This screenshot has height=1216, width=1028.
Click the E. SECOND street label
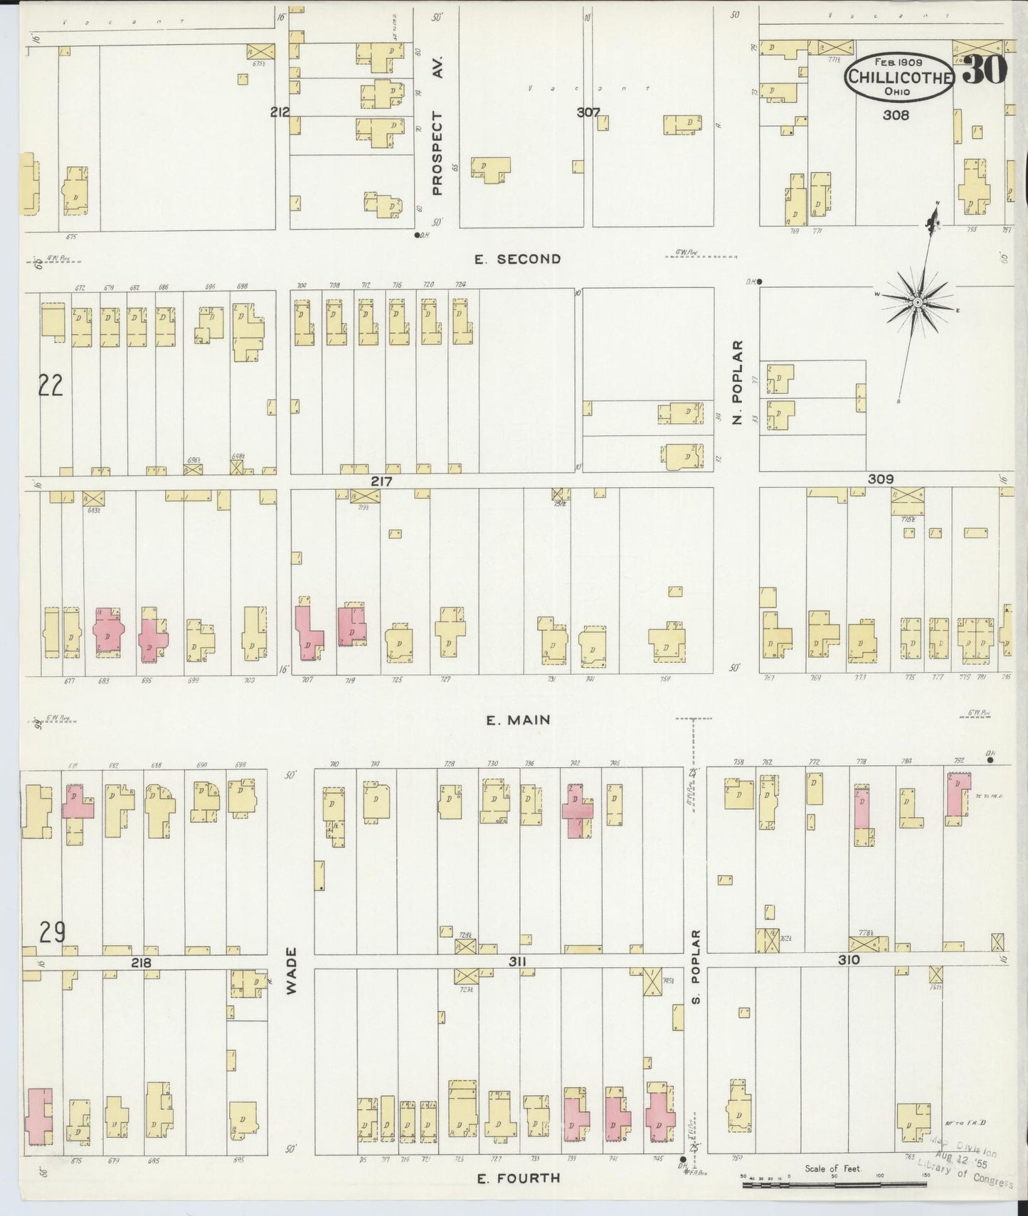517,260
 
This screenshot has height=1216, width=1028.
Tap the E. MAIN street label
518,720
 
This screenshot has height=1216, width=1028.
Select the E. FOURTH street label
518,1178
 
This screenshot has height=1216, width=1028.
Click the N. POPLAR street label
738,382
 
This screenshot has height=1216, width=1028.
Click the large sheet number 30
985,69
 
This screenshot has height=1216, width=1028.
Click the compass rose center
918,303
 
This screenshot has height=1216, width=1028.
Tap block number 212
280,112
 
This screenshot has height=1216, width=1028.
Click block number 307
588,112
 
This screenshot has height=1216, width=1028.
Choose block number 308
896,114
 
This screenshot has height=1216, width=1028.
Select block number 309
880,479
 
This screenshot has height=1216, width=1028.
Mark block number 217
381,481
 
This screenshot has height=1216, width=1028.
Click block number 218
141,962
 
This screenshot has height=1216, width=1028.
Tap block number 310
849,959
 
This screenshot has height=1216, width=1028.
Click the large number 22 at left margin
51,385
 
